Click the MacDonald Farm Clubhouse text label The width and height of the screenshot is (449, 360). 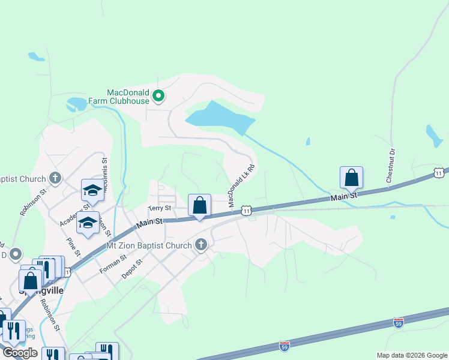pos(127,97)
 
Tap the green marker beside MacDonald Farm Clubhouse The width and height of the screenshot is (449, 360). pos(158,95)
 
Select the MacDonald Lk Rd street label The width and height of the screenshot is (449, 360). pos(238,187)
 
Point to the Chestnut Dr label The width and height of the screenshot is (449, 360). pos(391,165)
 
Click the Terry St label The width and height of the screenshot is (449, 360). pos(160,208)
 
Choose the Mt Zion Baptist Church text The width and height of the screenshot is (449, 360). pos(148,245)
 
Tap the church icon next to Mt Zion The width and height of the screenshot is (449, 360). pos(201,245)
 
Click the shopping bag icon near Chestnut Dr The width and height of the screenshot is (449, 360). pos(351,178)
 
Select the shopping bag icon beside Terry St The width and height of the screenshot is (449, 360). pos(199,205)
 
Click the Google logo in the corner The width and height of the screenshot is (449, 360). pos(20,353)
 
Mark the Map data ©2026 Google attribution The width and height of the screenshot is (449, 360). pos(411,355)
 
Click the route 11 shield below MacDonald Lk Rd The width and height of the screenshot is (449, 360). pos(246,210)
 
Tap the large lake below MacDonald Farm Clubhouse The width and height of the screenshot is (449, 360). pos(222,118)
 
